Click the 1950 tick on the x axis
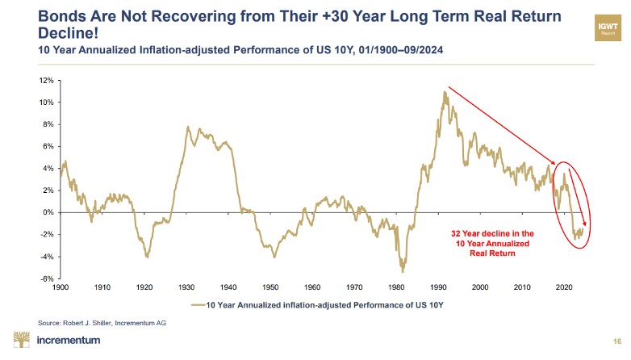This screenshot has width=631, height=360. [270, 287]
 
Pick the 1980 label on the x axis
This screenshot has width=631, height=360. [396, 287]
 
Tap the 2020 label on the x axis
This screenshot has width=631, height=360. [564, 287]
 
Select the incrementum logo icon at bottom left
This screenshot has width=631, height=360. [22, 340]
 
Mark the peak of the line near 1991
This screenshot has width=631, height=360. [445, 92]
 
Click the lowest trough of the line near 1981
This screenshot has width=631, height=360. [402, 271]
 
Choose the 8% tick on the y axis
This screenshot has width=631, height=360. [47, 124]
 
